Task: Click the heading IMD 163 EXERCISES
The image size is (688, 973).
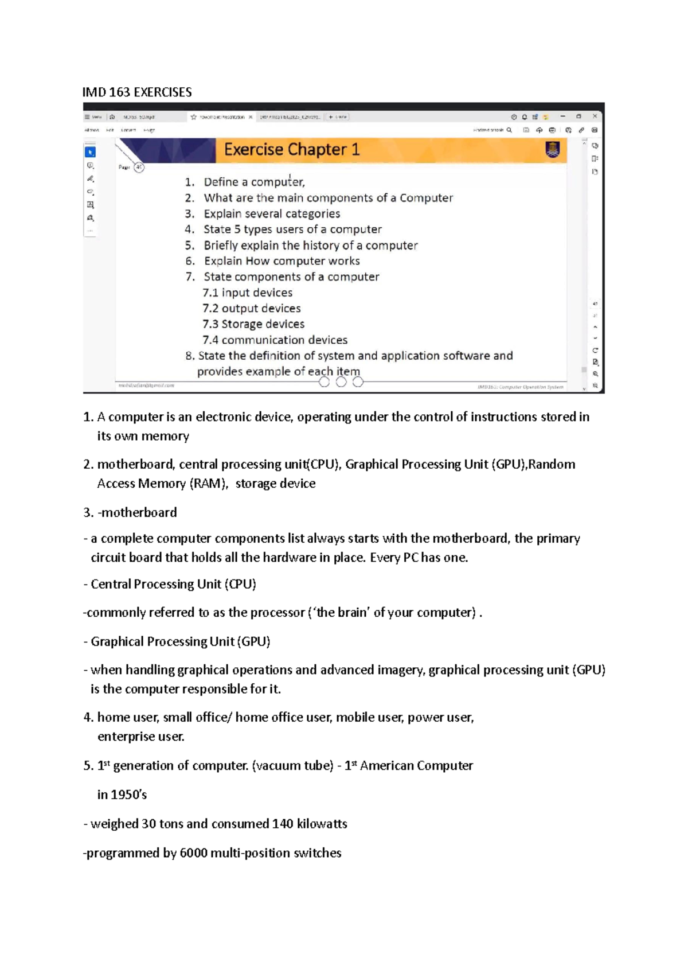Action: pos(137,92)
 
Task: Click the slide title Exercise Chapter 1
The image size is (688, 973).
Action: pos(291,150)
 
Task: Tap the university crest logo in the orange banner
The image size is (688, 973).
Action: pos(552,150)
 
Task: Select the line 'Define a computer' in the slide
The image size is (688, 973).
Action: pos(254,182)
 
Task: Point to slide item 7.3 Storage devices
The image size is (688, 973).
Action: pos(253,324)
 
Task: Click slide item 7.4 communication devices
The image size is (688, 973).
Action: pos(275,340)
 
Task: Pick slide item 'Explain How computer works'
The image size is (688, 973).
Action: pos(282,261)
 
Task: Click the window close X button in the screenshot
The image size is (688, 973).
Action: pos(595,116)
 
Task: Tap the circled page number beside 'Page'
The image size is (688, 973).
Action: pos(139,168)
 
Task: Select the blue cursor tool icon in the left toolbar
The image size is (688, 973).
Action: pos(90,152)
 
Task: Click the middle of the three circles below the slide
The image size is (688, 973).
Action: pos(341,382)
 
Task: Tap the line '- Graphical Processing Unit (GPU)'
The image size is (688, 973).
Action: pos(177,641)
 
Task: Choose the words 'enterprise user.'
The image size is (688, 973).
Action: pos(141,737)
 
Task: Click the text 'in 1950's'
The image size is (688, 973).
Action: pos(122,795)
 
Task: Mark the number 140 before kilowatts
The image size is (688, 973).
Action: pos(283,824)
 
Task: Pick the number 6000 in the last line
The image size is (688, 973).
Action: pos(193,853)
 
